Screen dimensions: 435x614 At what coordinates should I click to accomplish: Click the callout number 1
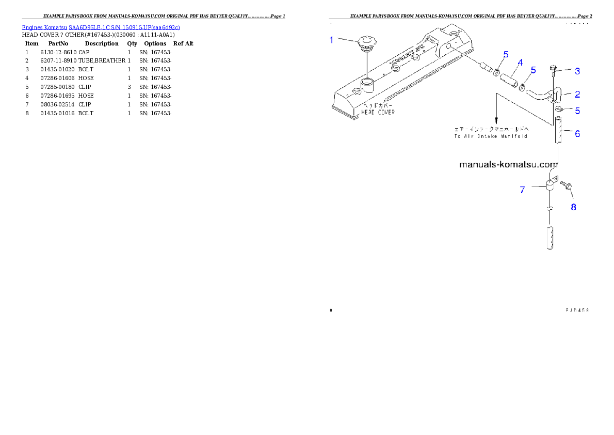click(332, 40)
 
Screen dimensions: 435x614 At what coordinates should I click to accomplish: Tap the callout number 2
click(577, 94)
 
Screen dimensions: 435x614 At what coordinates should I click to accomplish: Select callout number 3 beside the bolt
click(577, 71)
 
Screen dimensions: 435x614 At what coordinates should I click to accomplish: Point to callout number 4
click(520, 63)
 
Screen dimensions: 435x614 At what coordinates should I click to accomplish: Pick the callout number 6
click(577, 133)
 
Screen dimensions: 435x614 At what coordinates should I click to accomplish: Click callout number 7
click(522, 190)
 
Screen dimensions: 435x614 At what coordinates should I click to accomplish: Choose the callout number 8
click(573, 207)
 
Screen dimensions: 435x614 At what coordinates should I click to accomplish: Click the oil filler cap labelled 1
click(367, 42)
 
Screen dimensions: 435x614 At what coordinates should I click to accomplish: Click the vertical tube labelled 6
click(559, 131)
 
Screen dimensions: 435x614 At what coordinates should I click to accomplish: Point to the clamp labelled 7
click(551, 184)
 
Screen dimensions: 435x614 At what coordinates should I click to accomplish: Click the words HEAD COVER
click(378, 112)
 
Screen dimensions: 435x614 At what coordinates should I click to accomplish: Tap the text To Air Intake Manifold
click(491, 136)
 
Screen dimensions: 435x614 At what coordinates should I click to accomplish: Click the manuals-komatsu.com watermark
click(508, 165)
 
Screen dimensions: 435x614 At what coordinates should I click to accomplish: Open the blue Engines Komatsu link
click(101, 27)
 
